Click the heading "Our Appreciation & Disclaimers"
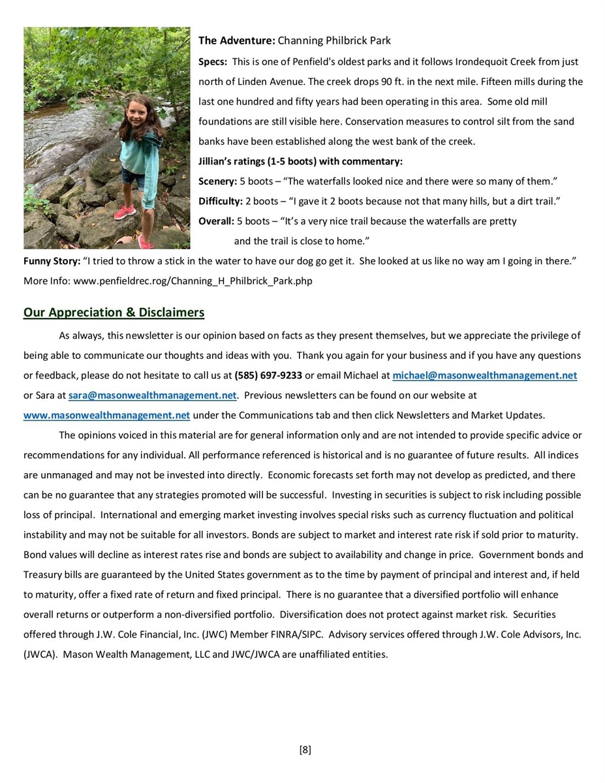(114, 313)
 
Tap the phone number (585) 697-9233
(268, 376)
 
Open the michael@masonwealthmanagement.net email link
(484, 376)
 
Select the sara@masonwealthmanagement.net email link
(152, 395)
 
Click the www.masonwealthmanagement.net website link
(106, 416)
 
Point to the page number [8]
(305, 750)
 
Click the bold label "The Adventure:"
(236, 40)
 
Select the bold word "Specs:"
(213, 62)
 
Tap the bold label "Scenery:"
(217, 181)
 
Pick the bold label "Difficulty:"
(220, 202)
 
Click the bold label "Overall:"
(216, 221)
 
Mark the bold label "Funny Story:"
(52, 261)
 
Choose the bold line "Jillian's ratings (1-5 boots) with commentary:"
(300, 161)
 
